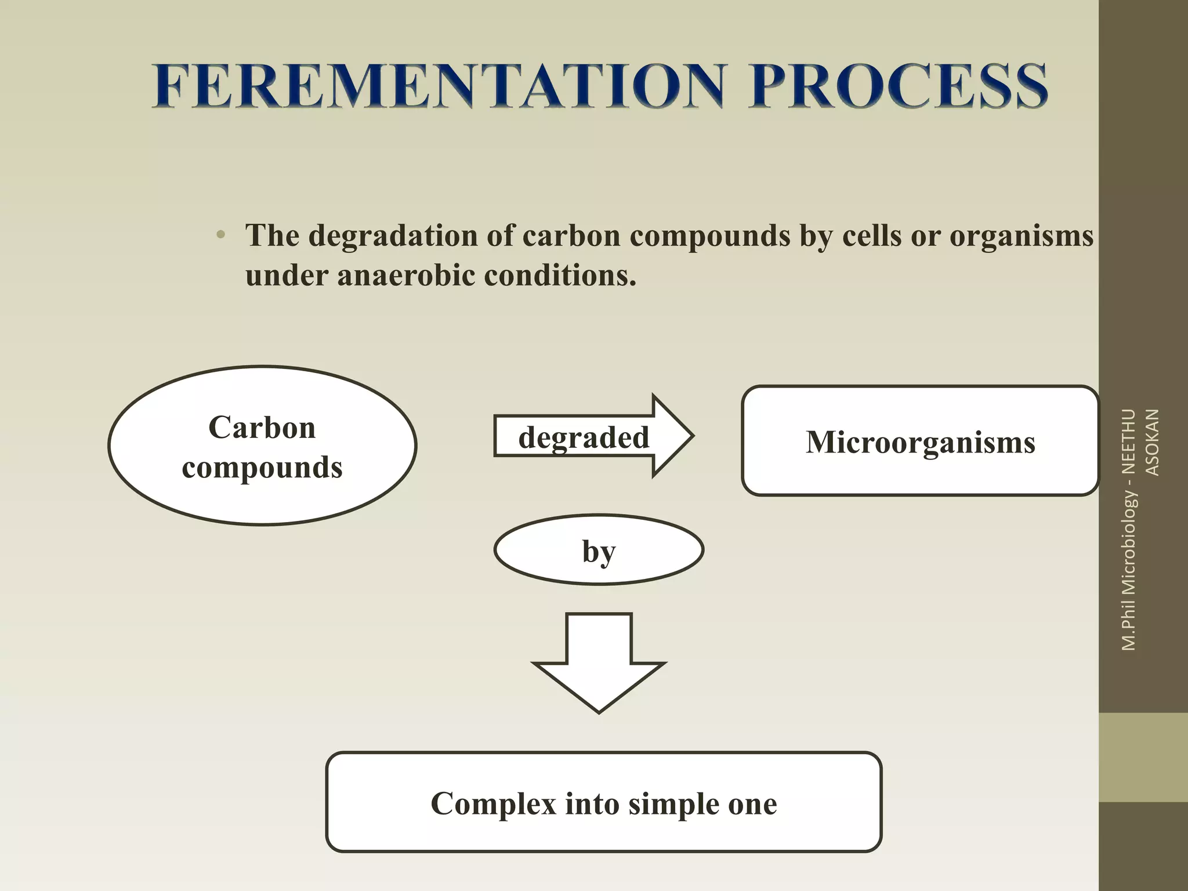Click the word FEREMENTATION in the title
438,87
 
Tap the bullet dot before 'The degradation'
220,236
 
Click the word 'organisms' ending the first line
1021,236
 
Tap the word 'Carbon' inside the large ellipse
262,428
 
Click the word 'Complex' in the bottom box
494,804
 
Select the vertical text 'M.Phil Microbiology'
1129,571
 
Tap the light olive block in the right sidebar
1143,757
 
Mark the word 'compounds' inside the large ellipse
262,468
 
